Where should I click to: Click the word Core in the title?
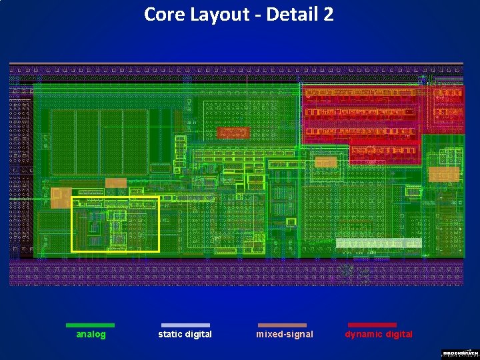[x=161, y=14]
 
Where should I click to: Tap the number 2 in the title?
[x=327, y=14]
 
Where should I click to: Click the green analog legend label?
[x=91, y=334]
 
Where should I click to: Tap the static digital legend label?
[x=185, y=334]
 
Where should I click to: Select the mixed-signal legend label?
[x=285, y=334]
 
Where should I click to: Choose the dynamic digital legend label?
[x=379, y=334]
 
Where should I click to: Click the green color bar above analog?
[x=90, y=325]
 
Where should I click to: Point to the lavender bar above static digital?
[x=185, y=325]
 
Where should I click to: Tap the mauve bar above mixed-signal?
[x=282, y=325]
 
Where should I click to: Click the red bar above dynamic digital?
[x=372, y=325]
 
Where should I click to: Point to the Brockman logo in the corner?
[x=459, y=353]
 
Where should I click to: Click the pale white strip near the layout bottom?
[x=379, y=243]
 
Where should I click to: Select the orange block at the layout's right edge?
[x=443, y=175]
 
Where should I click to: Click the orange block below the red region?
[x=326, y=162]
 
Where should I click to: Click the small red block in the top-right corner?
[x=447, y=103]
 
